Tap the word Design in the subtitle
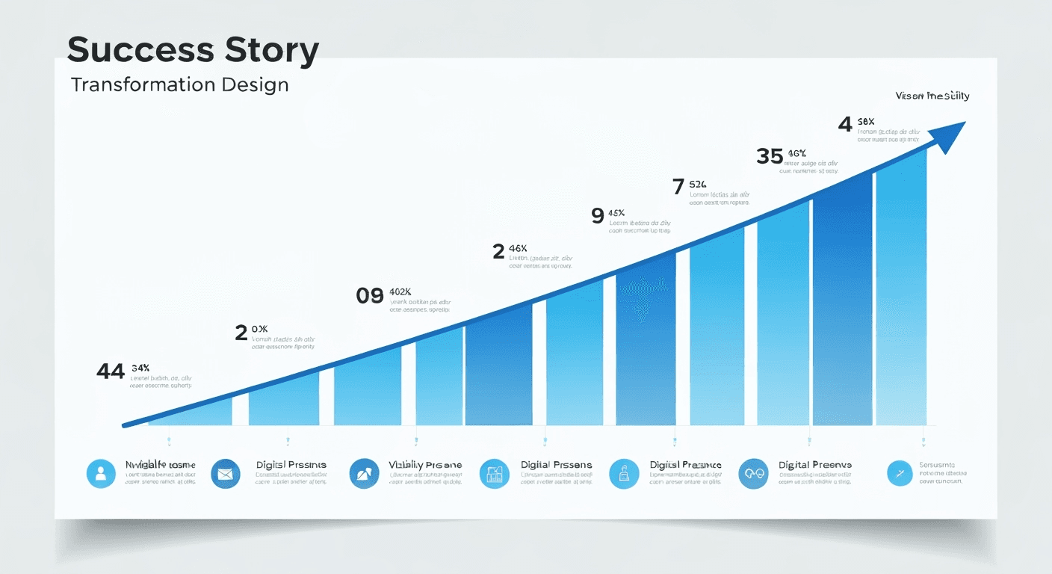(x=255, y=84)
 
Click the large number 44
(x=111, y=371)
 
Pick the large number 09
(x=370, y=296)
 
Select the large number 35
(x=770, y=156)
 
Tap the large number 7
(x=678, y=187)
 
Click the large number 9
(x=597, y=216)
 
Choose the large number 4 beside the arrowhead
(x=845, y=124)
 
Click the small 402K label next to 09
(x=400, y=291)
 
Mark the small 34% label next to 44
(x=140, y=368)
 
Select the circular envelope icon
(x=225, y=474)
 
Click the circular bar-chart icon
(x=494, y=474)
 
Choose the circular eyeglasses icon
(x=753, y=474)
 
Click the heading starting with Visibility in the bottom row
(x=425, y=465)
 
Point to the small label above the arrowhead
(x=932, y=96)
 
